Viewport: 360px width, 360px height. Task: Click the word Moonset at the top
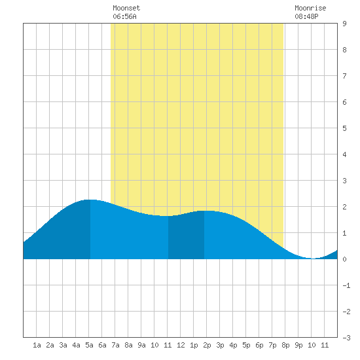tap(126, 8)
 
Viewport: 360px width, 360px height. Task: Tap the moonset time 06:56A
tap(124, 16)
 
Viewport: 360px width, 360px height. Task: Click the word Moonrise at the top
tap(310, 8)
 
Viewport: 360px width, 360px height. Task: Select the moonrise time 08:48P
tap(306, 16)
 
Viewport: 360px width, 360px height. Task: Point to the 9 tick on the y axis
tap(344, 24)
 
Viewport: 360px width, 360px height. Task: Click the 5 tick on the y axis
tap(344, 128)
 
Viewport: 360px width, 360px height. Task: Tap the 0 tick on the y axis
tap(344, 259)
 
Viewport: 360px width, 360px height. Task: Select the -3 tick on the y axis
tap(346, 338)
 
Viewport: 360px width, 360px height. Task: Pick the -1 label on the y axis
tap(346, 285)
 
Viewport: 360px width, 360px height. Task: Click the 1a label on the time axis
tap(37, 345)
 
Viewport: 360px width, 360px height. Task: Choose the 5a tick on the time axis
tap(89, 345)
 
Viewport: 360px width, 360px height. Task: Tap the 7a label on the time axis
tap(115, 345)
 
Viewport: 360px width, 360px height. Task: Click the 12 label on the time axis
tap(181, 345)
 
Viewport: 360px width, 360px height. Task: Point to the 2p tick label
tap(207, 345)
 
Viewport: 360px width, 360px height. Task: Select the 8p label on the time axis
tap(285, 345)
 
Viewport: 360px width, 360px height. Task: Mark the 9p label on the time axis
tap(298, 345)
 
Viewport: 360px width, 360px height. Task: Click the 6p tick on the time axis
tap(259, 345)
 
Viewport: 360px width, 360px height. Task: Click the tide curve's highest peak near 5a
tap(90, 200)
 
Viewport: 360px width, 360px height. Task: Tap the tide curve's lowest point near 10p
tap(313, 259)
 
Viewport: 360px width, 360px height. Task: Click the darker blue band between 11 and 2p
tap(186, 236)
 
